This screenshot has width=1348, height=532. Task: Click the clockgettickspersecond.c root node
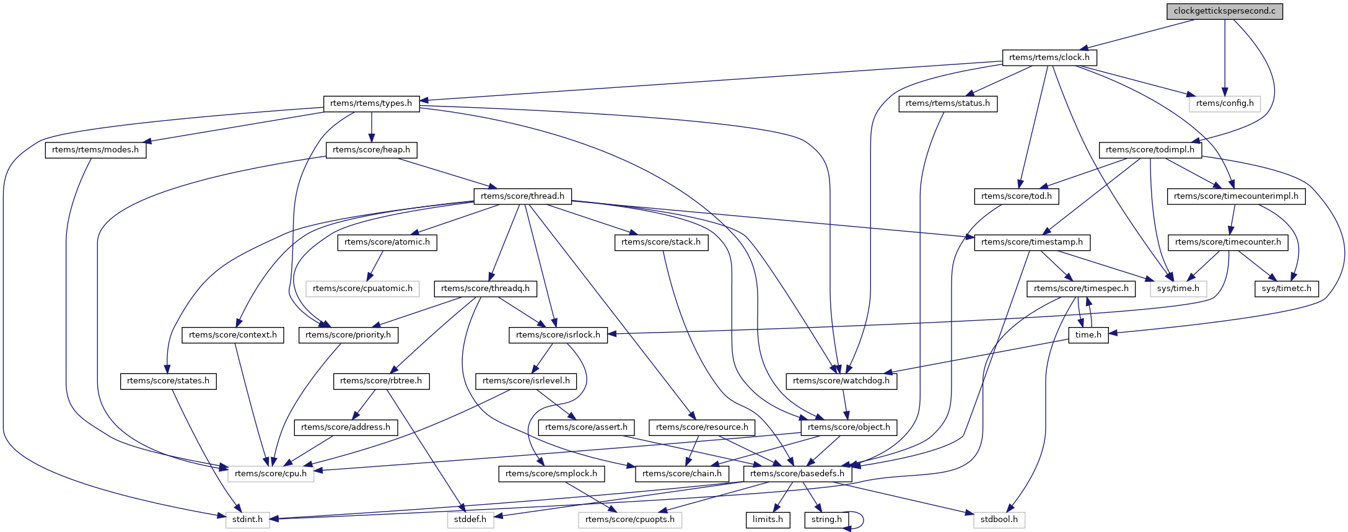[x=1224, y=11]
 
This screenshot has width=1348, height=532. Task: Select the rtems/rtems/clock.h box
[x=1049, y=58]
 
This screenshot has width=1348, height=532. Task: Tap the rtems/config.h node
[x=1224, y=103]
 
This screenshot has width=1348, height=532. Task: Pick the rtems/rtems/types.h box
[x=371, y=103]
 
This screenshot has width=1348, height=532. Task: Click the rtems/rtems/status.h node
[x=947, y=103]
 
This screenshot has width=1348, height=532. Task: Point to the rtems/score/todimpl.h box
[x=1150, y=150]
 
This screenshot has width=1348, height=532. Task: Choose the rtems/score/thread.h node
[x=522, y=196]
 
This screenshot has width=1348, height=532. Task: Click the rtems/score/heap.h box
[x=371, y=150]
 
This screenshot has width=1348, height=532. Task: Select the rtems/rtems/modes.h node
[x=95, y=150]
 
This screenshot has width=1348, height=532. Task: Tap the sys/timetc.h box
[x=1286, y=289]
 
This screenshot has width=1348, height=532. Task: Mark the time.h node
[x=1088, y=335]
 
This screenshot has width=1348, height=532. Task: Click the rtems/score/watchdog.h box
[x=841, y=381]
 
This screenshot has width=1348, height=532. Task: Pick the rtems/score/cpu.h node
[x=271, y=474]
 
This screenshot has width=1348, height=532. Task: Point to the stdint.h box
[x=247, y=520]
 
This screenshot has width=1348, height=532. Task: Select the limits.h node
[x=768, y=520]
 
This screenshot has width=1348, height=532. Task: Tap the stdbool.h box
[x=999, y=520]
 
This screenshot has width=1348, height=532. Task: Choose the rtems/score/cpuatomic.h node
[x=362, y=289]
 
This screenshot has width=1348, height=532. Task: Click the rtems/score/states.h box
[x=168, y=381]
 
